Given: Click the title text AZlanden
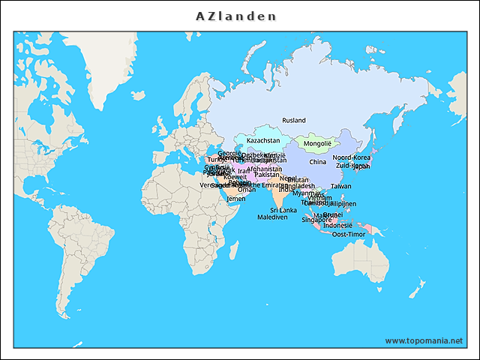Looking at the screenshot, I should coord(236,16).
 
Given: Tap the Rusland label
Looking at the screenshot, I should coord(294,120).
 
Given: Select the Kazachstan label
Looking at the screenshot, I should coord(263,140).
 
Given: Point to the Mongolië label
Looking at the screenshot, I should coord(317,143).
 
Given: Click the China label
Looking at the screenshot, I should coord(318,161).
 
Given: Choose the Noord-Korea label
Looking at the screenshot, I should coord(352,157).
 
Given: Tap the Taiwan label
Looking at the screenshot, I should coord(340,186).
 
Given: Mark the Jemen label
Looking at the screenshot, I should coord(235,199).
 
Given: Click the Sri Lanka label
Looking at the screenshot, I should coord(283,210).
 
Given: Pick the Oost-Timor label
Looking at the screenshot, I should coord(348,234).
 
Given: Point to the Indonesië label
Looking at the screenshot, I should coord(337,225).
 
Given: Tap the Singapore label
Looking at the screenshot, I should coord(316,220).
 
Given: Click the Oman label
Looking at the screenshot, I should coord(246,190).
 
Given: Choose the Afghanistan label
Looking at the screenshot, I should coord(264,169).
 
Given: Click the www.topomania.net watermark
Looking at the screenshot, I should coord(424,340).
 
